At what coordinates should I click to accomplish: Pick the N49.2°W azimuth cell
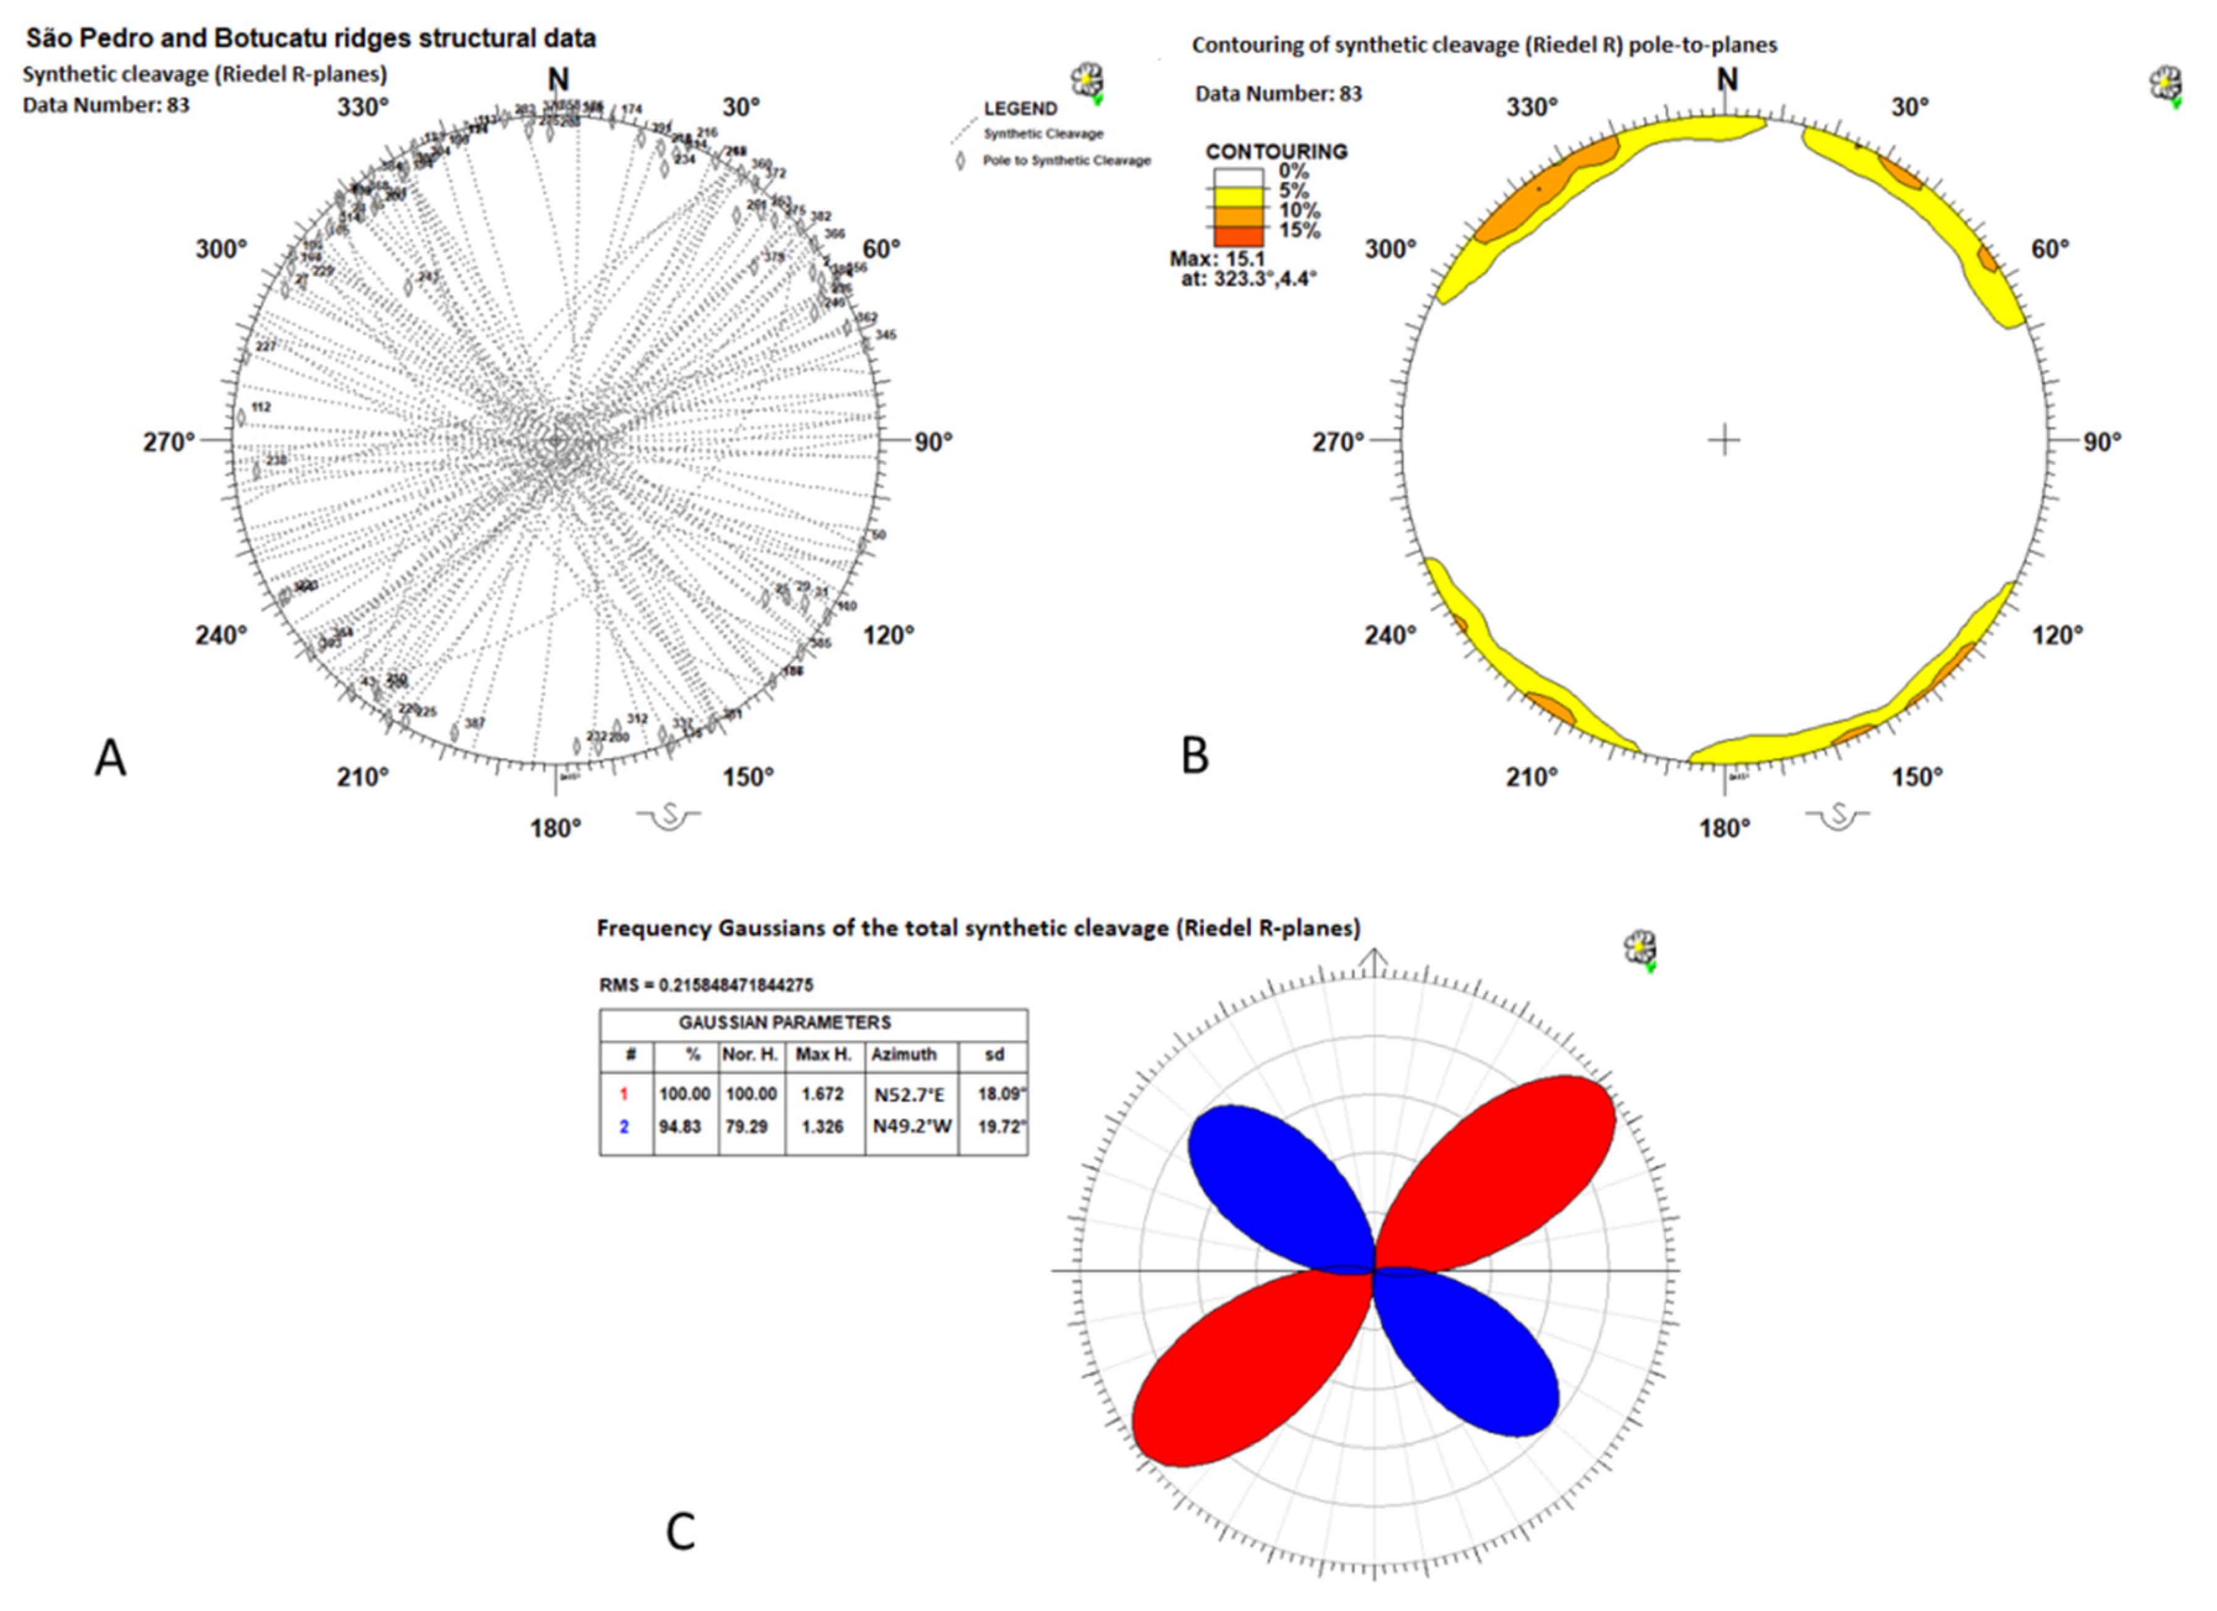pos(911,1127)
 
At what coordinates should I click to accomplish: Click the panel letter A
pos(111,759)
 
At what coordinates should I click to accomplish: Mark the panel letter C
pos(680,1532)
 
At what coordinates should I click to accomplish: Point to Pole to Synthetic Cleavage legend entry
pos(1066,160)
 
